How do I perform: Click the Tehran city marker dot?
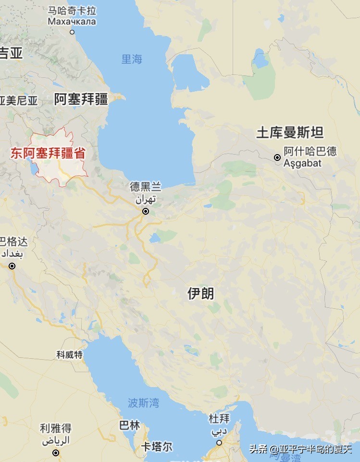click(x=146, y=211)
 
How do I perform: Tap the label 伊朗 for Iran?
click(x=201, y=293)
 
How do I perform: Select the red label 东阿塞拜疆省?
click(x=48, y=154)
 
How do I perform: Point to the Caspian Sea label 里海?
click(x=132, y=59)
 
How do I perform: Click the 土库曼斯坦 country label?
click(x=290, y=133)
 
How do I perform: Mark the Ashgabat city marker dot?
click(x=277, y=158)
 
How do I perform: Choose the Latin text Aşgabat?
click(x=302, y=163)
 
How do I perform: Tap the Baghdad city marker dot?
click(x=12, y=266)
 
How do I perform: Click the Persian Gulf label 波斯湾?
click(x=143, y=402)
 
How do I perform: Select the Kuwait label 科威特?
click(x=70, y=355)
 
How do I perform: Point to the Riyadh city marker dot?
click(x=56, y=453)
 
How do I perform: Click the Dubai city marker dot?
click(x=219, y=443)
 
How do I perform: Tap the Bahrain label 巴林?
click(x=130, y=426)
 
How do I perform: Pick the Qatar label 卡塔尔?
click(x=157, y=447)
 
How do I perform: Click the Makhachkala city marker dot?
click(x=72, y=32)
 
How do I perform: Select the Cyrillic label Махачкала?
click(x=72, y=22)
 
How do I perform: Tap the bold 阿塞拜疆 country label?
click(x=81, y=99)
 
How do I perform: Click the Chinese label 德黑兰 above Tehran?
click(x=146, y=187)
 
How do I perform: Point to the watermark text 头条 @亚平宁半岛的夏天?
click(x=300, y=450)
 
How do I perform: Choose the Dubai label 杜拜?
click(x=219, y=419)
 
